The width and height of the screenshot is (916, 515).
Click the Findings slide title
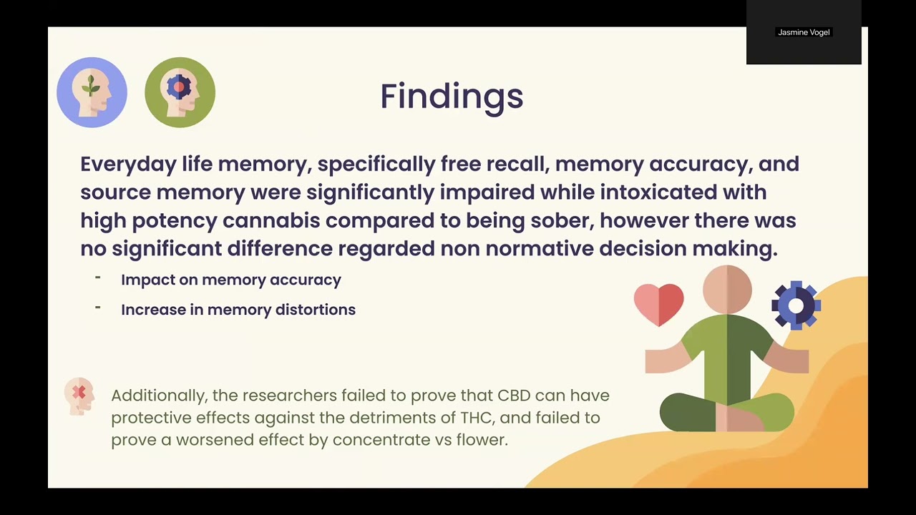pos(452,97)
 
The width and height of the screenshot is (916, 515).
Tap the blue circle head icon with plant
pos(92,92)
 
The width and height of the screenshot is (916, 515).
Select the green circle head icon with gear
pos(180,92)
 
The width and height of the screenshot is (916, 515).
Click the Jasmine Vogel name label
pos(804,32)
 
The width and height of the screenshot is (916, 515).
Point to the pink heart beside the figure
pos(658,303)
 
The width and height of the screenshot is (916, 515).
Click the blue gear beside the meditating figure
pos(796,305)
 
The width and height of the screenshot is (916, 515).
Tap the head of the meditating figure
pos(727,288)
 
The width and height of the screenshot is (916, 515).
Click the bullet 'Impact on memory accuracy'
pos(230,280)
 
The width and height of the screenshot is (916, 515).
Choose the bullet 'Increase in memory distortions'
pos(238,310)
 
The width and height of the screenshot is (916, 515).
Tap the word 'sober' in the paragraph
pos(562,220)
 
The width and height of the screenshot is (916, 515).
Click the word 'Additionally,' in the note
pos(158,396)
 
